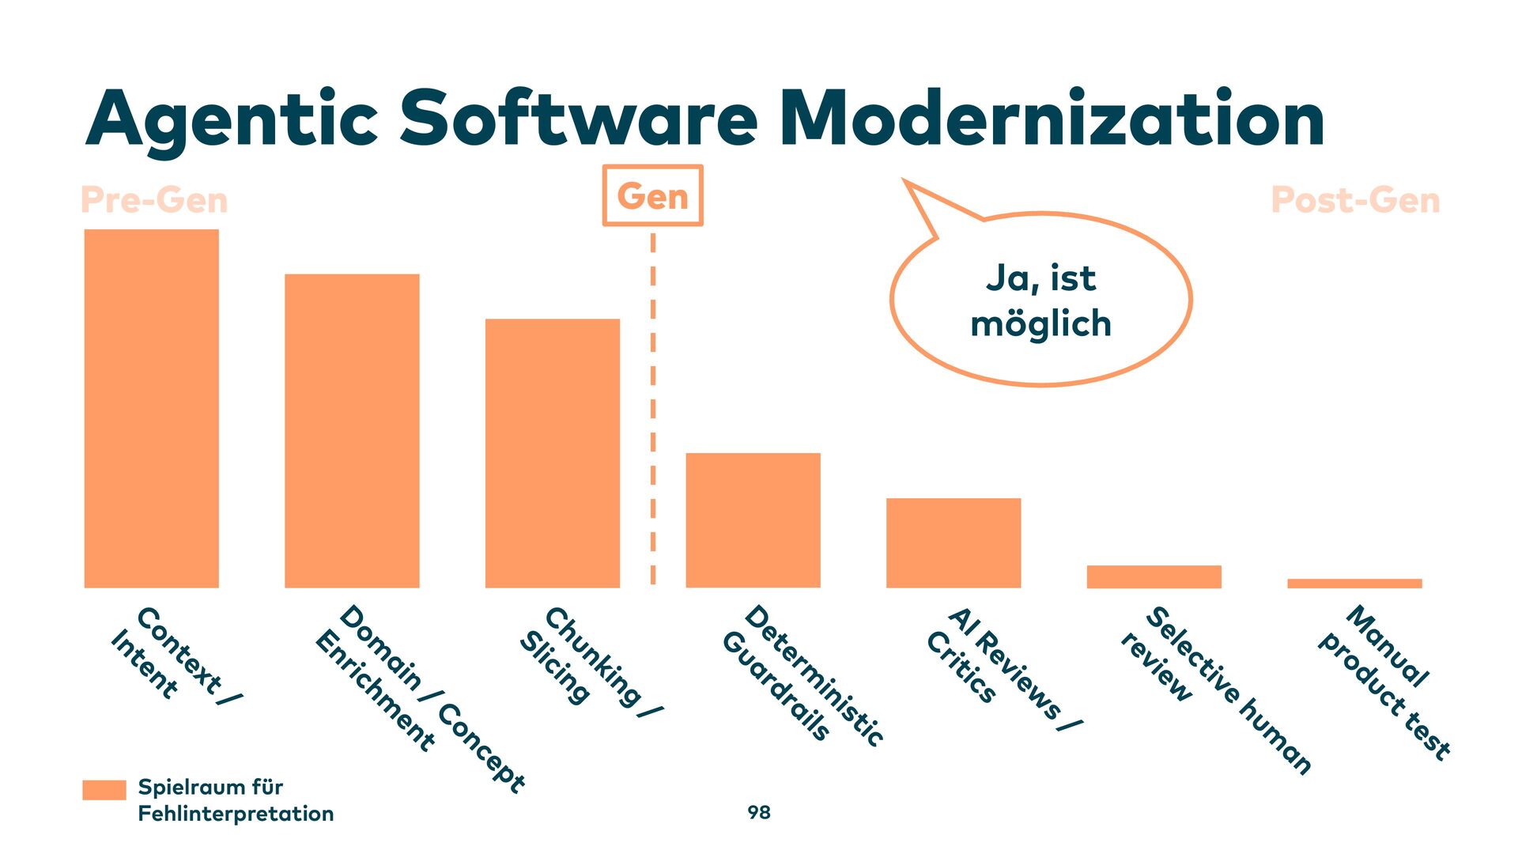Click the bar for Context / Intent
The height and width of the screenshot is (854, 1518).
click(151, 408)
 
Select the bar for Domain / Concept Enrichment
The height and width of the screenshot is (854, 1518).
click(352, 431)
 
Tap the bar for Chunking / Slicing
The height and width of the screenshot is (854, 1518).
click(552, 453)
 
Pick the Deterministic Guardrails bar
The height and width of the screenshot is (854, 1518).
click(753, 520)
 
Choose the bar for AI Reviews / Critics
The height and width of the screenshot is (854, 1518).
click(953, 542)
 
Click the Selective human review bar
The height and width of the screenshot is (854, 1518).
click(1154, 576)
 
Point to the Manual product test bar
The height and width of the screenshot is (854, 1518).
click(1354, 584)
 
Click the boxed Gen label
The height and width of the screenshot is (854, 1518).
click(652, 195)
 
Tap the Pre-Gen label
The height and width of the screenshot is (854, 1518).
click(154, 200)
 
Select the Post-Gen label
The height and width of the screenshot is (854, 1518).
click(1355, 200)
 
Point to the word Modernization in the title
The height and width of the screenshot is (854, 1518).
click(1052, 119)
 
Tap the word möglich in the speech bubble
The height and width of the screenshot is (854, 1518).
click(1040, 324)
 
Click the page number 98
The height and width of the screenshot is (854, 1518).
click(759, 812)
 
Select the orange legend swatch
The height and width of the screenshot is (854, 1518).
click(104, 790)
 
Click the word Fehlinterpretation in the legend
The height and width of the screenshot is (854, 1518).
click(236, 814)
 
